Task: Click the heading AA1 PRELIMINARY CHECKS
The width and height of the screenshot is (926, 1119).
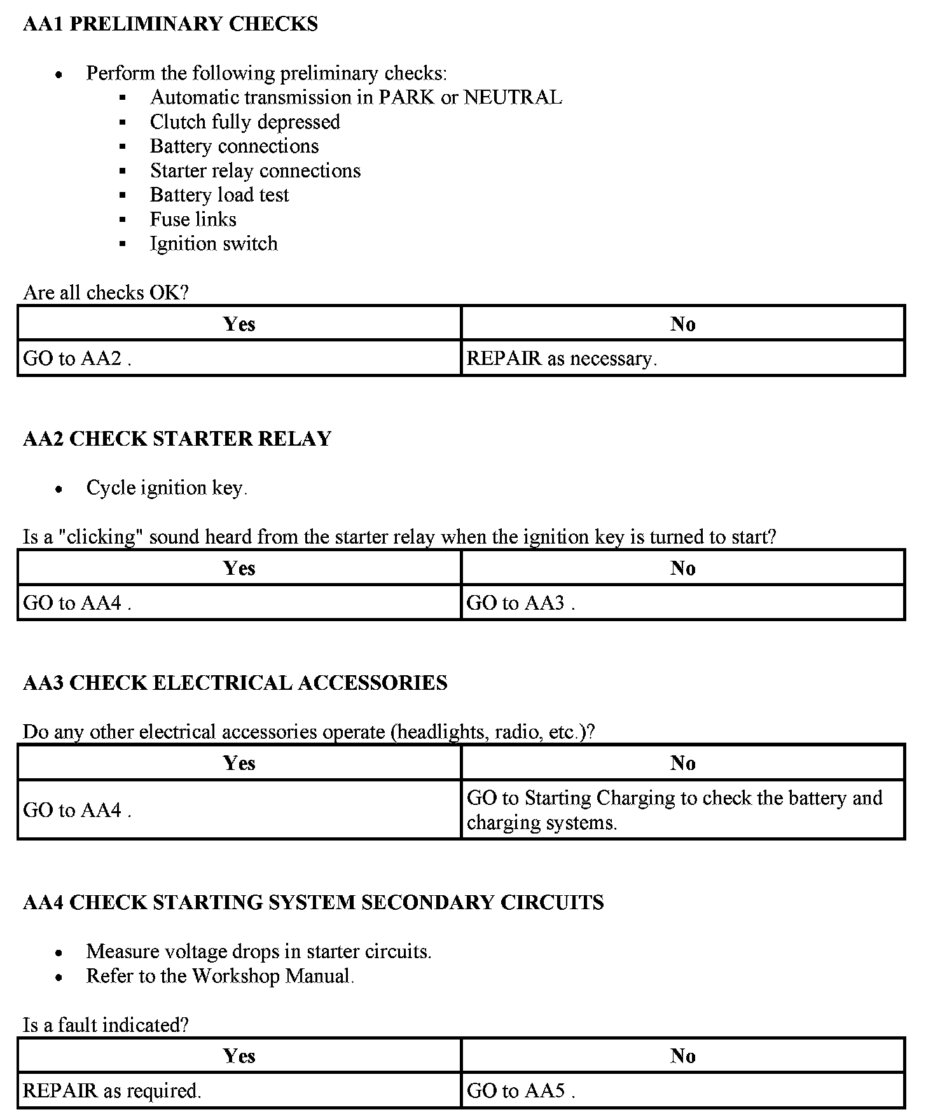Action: pyautogui.click(x=170, y=24)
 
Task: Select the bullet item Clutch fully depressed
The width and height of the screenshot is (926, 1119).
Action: pyautogui.click(x=245, y=122)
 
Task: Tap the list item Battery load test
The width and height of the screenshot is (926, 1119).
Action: pyautogui.click(x=219, y=195)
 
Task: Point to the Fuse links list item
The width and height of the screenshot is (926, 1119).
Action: pyautogui.click(x=193, y=219)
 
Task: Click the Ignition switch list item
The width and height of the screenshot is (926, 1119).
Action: pyautogui.click(x=214, y=244)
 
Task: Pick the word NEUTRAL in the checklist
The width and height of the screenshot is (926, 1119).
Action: pyautogui.click(x=513, y=98)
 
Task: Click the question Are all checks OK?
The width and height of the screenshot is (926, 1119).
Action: pyautogui.click(x=106, y=292)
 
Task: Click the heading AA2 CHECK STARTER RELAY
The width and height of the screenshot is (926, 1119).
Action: pyautogui.click(x=177, y=439)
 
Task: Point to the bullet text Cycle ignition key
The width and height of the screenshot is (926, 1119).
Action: pyautogui.click(x=167, y=488)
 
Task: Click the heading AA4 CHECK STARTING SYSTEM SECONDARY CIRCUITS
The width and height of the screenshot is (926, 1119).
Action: pyautogui.click(x=313, y=902)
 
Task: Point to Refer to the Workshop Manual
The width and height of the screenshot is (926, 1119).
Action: pyautogui.click(x=220, y=976)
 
